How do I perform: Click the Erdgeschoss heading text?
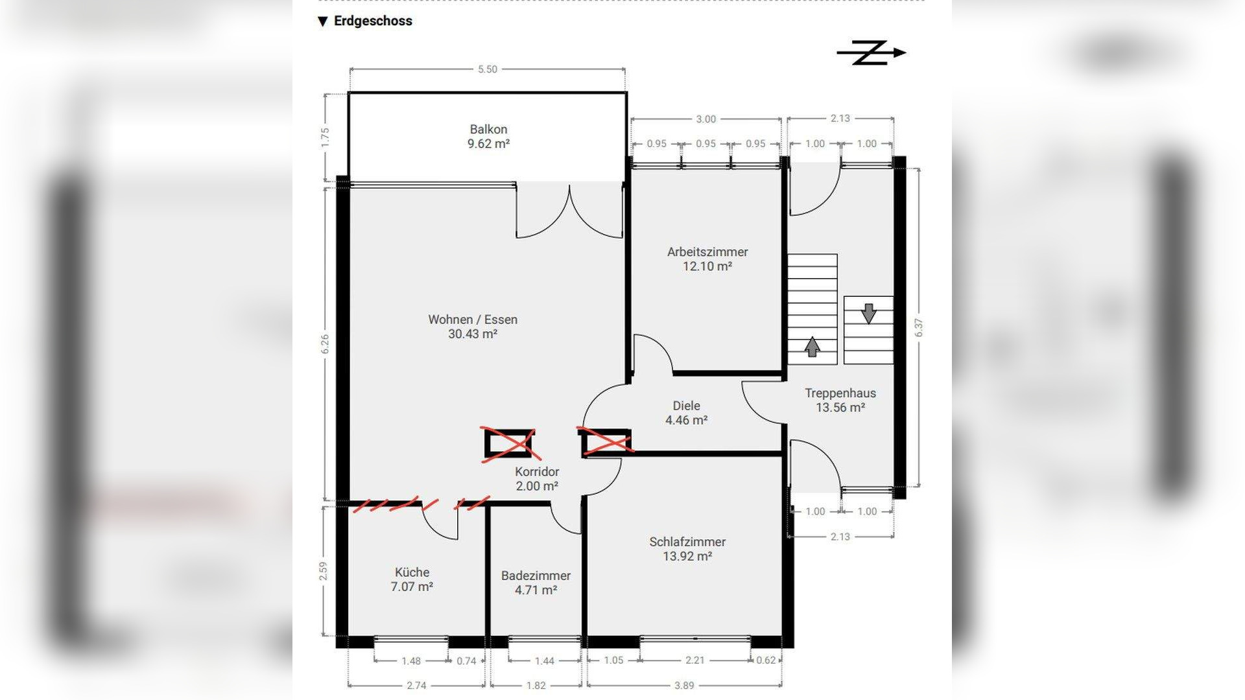pos(373,21)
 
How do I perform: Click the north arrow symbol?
pos(871,53)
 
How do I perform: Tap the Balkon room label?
pos(488,130)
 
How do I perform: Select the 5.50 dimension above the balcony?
pos(488,69)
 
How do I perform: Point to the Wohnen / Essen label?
pos(473,320)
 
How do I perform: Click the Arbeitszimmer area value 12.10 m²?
pos(707,266)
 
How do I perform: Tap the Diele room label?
pos(686,406)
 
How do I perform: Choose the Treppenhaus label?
pos(840,393)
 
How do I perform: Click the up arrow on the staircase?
pos(812,347)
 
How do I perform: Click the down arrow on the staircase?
pos(869,314)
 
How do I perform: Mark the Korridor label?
pos(537,472)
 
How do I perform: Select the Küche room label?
pos(412,572)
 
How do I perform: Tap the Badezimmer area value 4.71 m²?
pos(536,590)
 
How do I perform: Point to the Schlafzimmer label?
pos(687,542)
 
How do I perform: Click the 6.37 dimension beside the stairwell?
pos(919,327)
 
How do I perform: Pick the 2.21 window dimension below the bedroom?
pos(694,660)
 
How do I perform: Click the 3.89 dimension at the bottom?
pos(684,686)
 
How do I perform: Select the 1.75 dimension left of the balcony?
pos(325,137)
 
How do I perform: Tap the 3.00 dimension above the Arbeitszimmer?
pos(706,119)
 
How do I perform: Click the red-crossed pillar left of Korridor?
pos(510,444)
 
